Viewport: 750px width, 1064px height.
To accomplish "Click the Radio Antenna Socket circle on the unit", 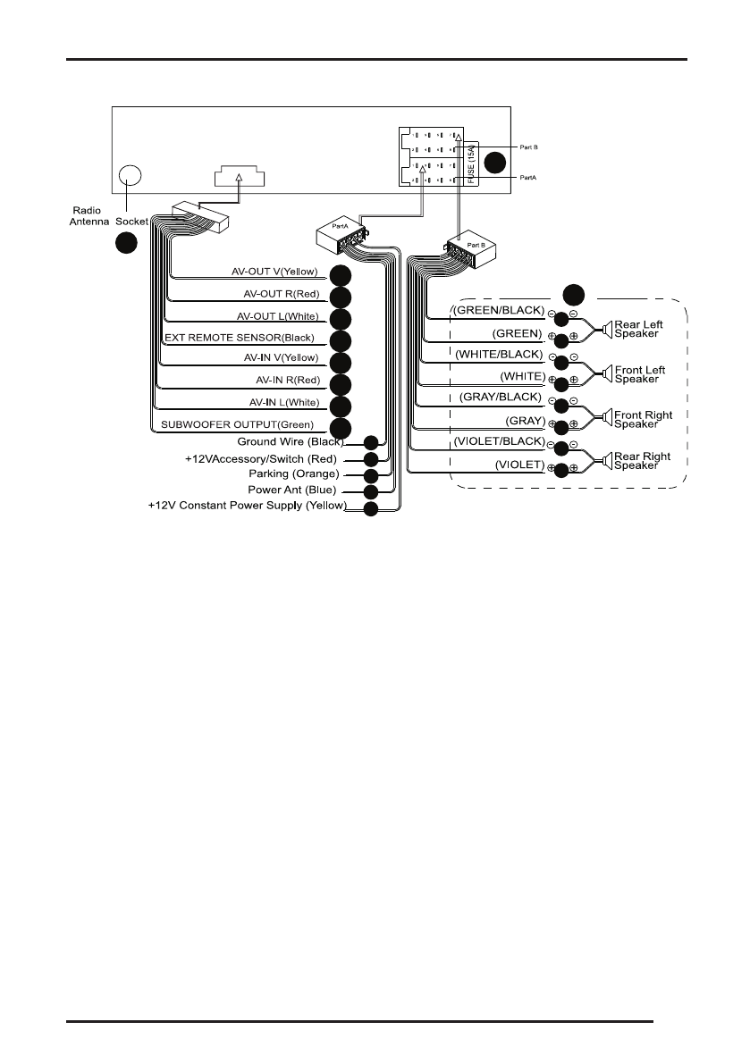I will click(131, 175).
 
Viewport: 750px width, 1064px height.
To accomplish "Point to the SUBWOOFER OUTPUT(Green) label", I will click(238, 424).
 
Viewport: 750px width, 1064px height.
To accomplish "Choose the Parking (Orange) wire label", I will click(293, 473).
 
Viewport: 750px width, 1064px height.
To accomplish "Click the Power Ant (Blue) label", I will click(291, 490).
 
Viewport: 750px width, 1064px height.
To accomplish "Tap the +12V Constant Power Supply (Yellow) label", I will click(247, 507).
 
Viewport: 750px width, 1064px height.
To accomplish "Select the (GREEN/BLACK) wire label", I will click(498, 312).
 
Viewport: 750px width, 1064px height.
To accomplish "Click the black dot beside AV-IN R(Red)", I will click(340, 384).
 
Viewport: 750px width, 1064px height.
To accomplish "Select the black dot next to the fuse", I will click(496, 163).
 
